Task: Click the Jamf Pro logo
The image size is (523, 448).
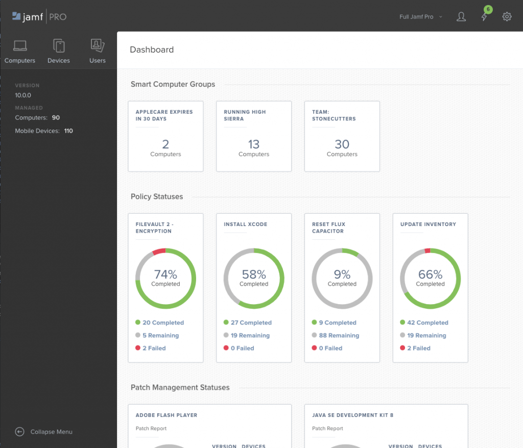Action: (39, 17)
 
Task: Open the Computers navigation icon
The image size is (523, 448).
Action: (20, 46)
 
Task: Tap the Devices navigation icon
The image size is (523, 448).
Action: (59, 46)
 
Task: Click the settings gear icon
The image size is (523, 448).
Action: (507, 17)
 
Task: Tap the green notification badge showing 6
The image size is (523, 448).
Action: (488, 10)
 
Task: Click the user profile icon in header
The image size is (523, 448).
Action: (461, 17)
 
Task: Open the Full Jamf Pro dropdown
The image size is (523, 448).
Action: (420, 17)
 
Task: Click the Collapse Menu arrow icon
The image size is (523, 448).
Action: (20, 432)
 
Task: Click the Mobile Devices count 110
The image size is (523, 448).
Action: (68, 131)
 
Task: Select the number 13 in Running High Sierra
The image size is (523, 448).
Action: (254, 144)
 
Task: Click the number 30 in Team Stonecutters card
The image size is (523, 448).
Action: (342, 144)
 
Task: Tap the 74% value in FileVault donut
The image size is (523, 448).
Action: (165, 274)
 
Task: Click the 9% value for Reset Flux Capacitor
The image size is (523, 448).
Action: (342, 274)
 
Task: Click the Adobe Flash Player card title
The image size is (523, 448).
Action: (166, 415)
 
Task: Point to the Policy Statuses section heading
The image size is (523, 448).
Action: (157, 196)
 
